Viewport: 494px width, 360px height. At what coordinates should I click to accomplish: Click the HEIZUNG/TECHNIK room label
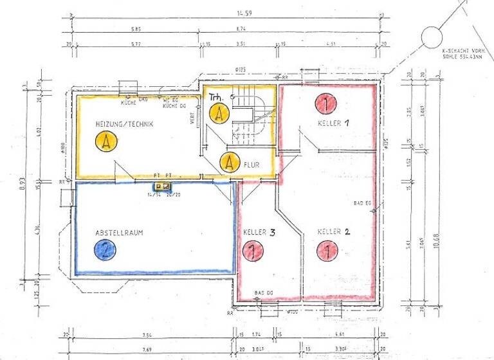click(x=124, y=124)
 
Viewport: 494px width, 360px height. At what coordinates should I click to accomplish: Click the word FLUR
click(x=252, y=165)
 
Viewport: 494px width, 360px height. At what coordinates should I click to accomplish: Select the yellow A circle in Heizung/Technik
click(x=104, y=141)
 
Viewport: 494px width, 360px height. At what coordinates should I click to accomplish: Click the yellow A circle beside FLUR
click(x=228, y=163)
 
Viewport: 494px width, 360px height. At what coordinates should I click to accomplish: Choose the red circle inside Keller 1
click(x=326, y=103)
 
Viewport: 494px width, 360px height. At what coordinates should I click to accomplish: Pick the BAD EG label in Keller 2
click(x=363, y=203)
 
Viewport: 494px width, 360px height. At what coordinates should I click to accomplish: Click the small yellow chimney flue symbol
click(x=162, y=186)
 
